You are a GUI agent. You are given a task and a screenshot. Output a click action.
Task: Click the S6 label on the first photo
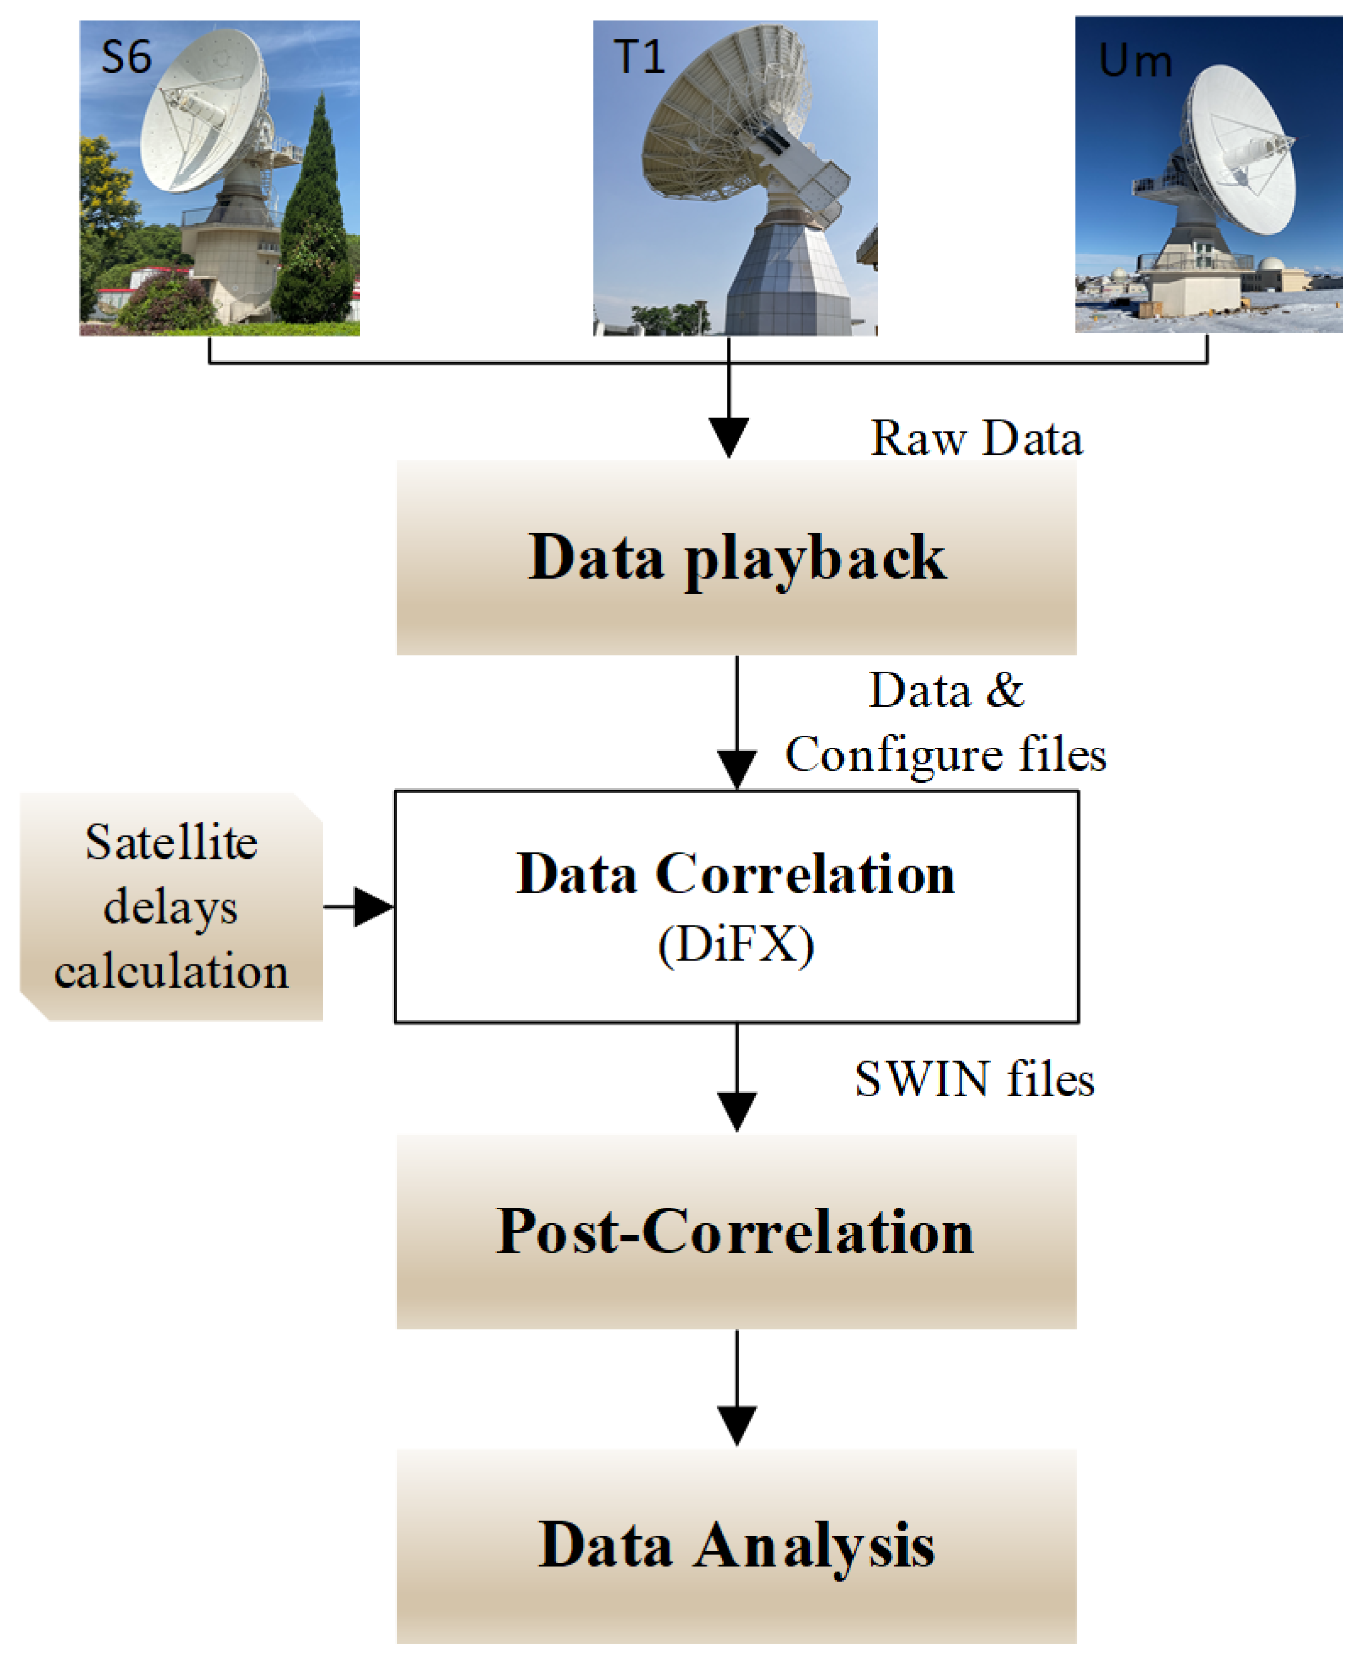pos(126,57)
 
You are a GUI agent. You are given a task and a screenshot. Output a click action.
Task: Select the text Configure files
pos(945,755)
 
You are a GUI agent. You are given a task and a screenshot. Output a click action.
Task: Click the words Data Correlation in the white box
pos(736,874)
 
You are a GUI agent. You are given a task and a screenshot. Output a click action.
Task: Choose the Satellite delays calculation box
pos(171,907)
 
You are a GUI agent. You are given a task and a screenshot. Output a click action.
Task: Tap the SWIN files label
pos(974,1079)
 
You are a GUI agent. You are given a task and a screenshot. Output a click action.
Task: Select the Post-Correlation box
pos(736,1231)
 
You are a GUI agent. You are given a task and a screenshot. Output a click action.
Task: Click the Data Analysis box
pos(736,1545)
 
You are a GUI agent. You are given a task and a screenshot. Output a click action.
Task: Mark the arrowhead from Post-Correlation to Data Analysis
pos(736,1425)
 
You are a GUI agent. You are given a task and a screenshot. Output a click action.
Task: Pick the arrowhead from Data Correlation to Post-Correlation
pos(736,1110)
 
